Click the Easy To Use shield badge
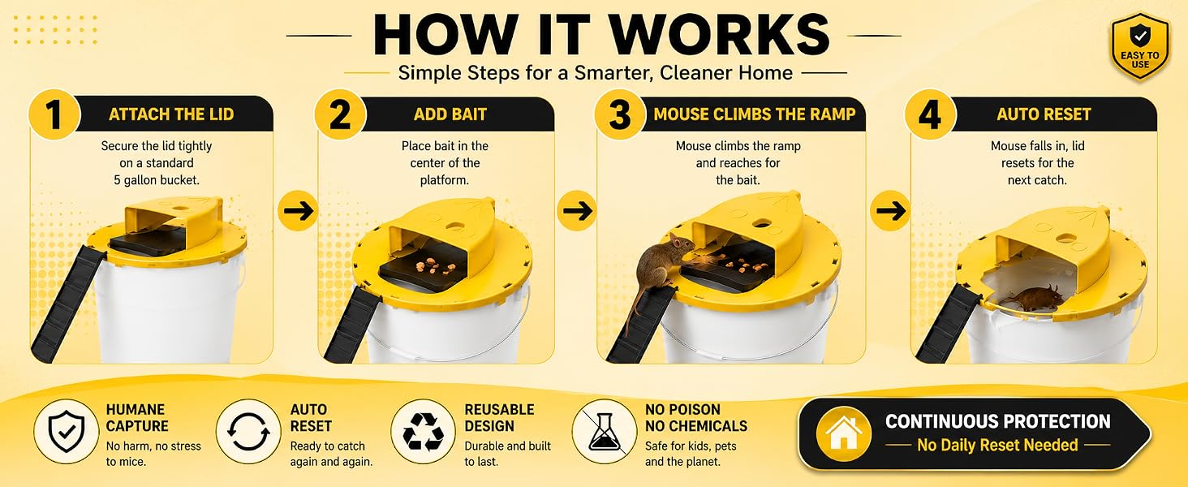pyautogui.click(x=1140, y=47)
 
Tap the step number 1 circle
pyautogui.click(x=54, y=114)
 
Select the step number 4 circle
pyautogui.click(x=930, y=114)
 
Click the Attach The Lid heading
pyautogui.click(x=171, y=114)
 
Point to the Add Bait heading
pyautogui.click(x=450, y=114)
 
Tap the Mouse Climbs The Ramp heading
pyautogui.click(x=755, y=114)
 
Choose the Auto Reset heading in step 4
pyautogui.click(x=1044, y=114)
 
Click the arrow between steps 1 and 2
pyautogui.click(x=298, y=210)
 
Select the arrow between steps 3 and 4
pyautogui.click(x=891, y=210)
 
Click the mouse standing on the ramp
pyautogui.click(x=663, y=270)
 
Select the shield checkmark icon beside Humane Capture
pyautogui.click(x=67, y=432)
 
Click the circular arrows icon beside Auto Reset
pyautogui.click(x=247, y=432)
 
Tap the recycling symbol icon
pyautogui.click(x=423, y=432)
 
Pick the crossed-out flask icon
pyautogui.click(x=604, y=432)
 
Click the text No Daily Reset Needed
pyautogui.click(x=997, y=445)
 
